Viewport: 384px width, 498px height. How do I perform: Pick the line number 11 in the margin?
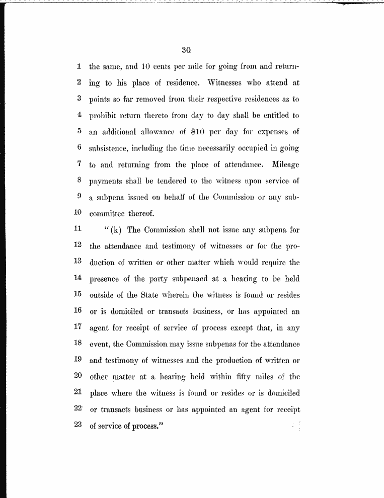tap(78, 230)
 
